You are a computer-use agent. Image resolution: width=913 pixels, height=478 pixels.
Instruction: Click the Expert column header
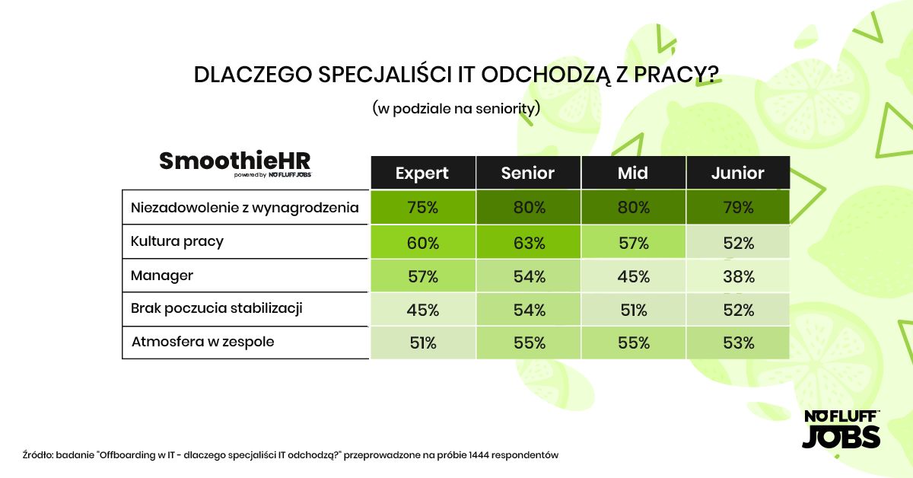[x=422, y=173]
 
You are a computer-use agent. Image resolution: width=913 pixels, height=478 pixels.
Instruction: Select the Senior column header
[x=527, y=173]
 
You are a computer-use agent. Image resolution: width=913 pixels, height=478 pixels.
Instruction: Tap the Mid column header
[x=633, y=173]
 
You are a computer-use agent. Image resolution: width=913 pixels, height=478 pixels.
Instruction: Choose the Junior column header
[x=737, y=173]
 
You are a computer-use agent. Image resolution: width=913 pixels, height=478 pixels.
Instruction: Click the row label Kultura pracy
[x=177, y=241]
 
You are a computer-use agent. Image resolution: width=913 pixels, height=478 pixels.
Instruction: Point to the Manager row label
[x=162, y=276]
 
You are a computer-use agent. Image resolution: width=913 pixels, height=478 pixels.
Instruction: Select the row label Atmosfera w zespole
[x=202, y=342]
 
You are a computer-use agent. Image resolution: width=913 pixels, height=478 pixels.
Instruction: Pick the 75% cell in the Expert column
[x=422, y=207]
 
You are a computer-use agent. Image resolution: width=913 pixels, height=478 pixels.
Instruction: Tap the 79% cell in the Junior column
[x=737, y=207]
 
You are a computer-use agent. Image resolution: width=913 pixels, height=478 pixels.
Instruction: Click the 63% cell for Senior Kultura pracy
[x=527, y=243]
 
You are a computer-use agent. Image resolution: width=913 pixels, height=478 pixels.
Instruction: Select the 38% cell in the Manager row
[x=737, y=276]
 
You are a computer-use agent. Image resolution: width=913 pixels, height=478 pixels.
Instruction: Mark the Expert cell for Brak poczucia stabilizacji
[x=422, y=310]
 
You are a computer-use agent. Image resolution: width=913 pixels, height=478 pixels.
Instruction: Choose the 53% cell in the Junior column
[x=737, y=343]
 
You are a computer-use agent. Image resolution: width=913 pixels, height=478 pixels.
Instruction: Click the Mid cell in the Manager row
[x=633, y=276]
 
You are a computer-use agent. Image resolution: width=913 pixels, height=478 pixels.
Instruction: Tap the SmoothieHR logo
[x=235, y=162]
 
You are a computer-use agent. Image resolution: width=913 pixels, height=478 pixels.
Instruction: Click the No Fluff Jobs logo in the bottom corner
[x=841, y=429]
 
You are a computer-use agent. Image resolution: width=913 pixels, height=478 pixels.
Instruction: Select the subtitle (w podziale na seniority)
[x=456, y=108]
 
